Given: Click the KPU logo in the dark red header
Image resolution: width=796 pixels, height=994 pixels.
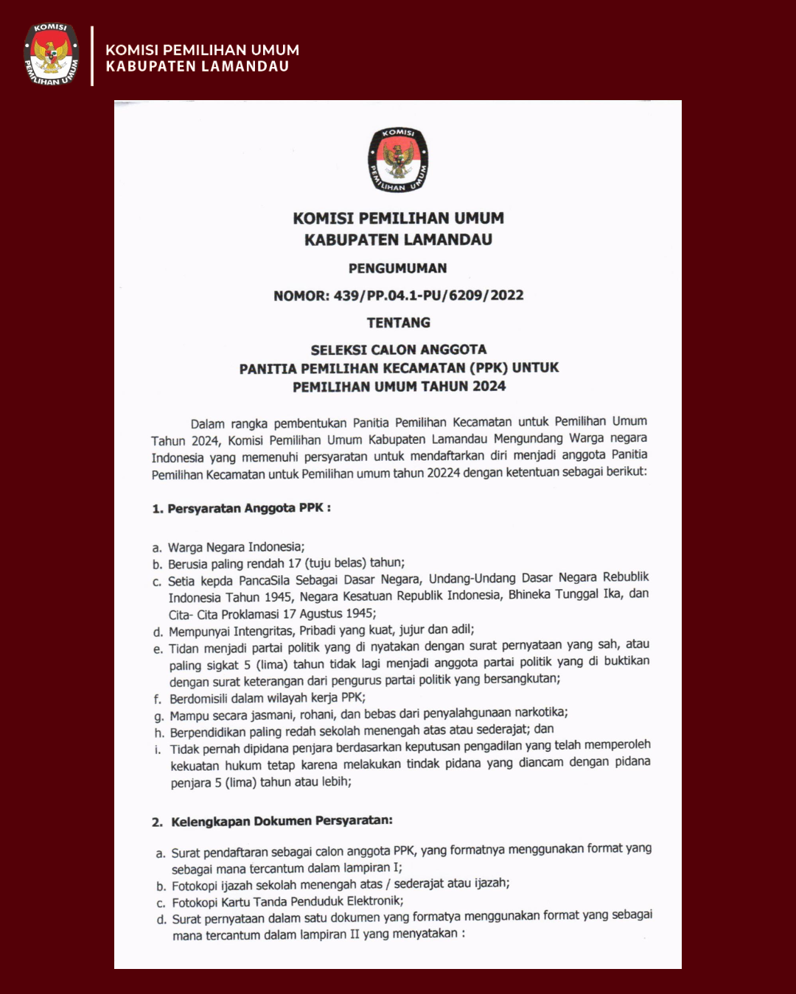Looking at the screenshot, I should pos(52,54).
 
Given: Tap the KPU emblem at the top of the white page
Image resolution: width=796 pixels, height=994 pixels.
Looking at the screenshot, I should pos(398,160).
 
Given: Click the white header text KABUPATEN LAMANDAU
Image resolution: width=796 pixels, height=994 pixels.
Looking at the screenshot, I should pos(198,67).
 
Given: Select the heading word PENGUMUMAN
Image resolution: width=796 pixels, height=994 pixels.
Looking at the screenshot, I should pos(398,268).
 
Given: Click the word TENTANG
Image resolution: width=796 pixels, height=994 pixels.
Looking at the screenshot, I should pos(399,322).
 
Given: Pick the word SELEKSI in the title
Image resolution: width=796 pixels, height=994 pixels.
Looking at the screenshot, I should pos(337,350).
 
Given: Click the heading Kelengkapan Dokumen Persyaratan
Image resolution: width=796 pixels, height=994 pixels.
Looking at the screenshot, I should pos(282,821).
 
